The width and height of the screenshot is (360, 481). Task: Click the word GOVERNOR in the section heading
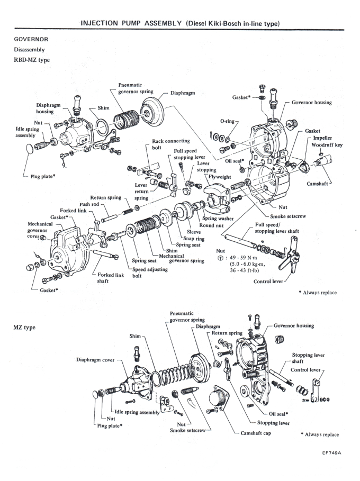coord(31,39)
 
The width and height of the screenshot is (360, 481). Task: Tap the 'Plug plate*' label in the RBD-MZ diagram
coord(43,176)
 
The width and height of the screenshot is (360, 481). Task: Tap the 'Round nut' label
coord(210,225)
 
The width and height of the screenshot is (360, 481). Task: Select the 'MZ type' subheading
coord(24,328)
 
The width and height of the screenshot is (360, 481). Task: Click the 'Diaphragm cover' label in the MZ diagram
coord(95,360)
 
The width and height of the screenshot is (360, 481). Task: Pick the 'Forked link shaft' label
coord(111,278)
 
